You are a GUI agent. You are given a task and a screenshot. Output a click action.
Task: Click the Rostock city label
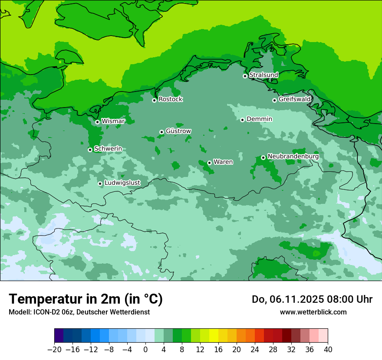tap(170, 99)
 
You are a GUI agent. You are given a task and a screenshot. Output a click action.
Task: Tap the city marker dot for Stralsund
tap(245, 76)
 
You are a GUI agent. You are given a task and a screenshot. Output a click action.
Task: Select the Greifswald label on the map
tap(294, 99)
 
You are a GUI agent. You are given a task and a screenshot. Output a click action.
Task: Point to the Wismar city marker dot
tap(97, 122)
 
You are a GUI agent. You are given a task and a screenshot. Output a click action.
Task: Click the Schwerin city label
tap(108, 149)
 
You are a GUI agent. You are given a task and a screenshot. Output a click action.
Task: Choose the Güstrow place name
tap(178, 131)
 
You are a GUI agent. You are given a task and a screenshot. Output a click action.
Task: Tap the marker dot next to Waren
tap(209, 163)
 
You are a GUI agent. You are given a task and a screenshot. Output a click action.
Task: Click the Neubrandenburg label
tap(293, 156)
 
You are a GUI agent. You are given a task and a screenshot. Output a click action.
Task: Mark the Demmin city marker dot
tap(242, 120)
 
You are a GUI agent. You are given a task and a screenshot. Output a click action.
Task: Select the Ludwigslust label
tap(122, 183)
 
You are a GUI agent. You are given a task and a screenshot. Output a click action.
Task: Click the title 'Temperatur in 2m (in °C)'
tap(86, 299)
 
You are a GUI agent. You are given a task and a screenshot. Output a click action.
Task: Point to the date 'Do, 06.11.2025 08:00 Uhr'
tap(312, 299)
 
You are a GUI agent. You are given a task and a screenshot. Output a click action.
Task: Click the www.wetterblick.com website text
tap(313, 312)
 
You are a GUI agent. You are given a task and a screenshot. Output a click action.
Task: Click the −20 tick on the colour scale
tap(54, 350)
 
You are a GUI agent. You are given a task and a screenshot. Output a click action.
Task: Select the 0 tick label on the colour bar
tap(145, 350)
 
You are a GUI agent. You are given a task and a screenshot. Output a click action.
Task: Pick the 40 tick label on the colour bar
tap(328, 350)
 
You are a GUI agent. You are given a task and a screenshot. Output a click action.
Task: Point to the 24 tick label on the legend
tap(255, 350)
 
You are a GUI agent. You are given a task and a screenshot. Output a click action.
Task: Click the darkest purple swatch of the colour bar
tap(59, 336)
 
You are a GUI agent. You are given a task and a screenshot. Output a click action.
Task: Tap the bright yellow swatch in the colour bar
tap(214, 336)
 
